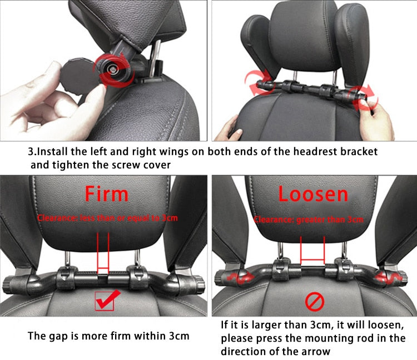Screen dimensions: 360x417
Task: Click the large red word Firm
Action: pos(106,193)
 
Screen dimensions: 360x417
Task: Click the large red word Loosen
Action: pos(313,193)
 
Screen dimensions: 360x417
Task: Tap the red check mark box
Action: pos(104,301)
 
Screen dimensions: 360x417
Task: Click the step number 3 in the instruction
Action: pos(31,151)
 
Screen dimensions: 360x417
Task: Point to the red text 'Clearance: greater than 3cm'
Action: pos(308,219)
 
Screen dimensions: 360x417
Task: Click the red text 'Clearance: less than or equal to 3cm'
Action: pos(107,218)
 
